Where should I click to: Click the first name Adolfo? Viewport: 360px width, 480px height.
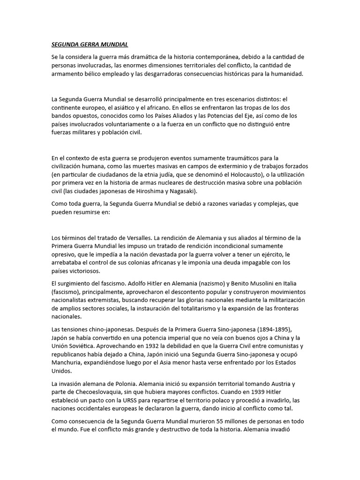click(x=140, y=284)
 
